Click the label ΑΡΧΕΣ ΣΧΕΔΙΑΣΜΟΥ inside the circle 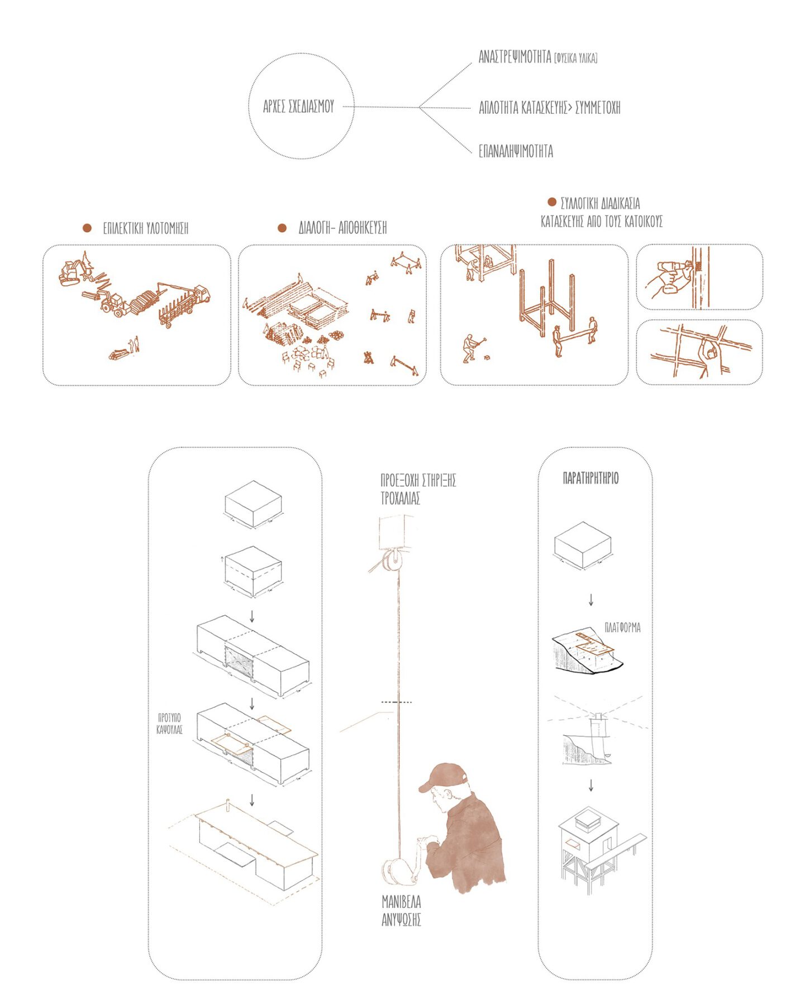point(298,106)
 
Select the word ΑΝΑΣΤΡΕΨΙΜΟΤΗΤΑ point(514,56)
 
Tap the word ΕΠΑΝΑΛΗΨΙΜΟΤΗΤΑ point(516,151)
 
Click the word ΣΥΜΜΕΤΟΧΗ point(598,107)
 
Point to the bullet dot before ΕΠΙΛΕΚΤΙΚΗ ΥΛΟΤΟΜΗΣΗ point(87,228)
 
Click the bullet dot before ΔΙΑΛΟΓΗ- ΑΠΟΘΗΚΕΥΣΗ point(282,228)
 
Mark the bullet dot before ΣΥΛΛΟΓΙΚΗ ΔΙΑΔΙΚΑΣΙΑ point(552,202)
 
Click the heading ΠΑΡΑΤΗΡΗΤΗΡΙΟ point(590,478)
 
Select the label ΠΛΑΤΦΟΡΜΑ point(623,628)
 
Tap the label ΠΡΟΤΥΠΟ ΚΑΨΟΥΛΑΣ point(170,723)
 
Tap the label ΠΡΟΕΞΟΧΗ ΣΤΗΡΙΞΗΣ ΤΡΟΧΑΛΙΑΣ point(418,489)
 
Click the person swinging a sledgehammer point(473,348)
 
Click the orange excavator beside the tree point(73,272)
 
